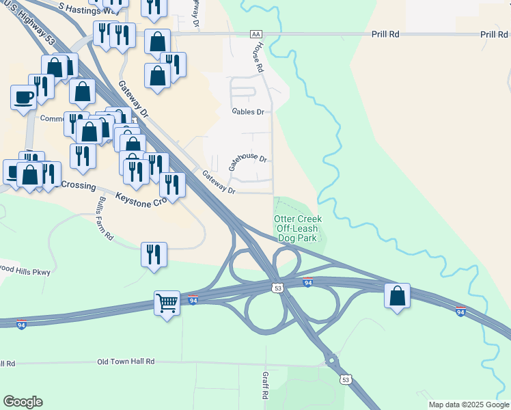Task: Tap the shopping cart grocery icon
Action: coord(167,303)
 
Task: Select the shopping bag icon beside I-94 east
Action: coord(397,296)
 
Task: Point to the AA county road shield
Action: coord(256,33)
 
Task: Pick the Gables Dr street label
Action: coord(247,111)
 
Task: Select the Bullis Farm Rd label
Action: coord(105,218)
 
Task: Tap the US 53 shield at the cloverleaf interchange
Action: coord(277,289)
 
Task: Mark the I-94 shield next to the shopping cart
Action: coord(194,300)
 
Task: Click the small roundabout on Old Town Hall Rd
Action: coord(331,359)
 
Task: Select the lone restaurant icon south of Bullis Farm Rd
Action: coord(154,255)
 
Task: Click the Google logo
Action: coord(23,402)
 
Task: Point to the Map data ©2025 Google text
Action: coord(469,405)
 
